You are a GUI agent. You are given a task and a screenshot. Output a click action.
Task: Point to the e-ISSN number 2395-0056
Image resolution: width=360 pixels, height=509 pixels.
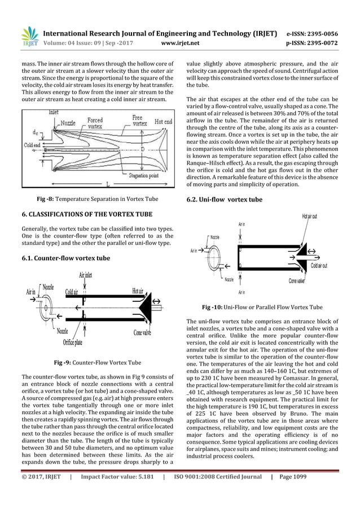point(318,33)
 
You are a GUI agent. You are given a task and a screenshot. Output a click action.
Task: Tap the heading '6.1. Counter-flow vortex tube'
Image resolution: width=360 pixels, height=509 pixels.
point(65,258)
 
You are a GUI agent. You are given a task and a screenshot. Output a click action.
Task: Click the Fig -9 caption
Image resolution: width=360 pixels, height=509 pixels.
point(97,362)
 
